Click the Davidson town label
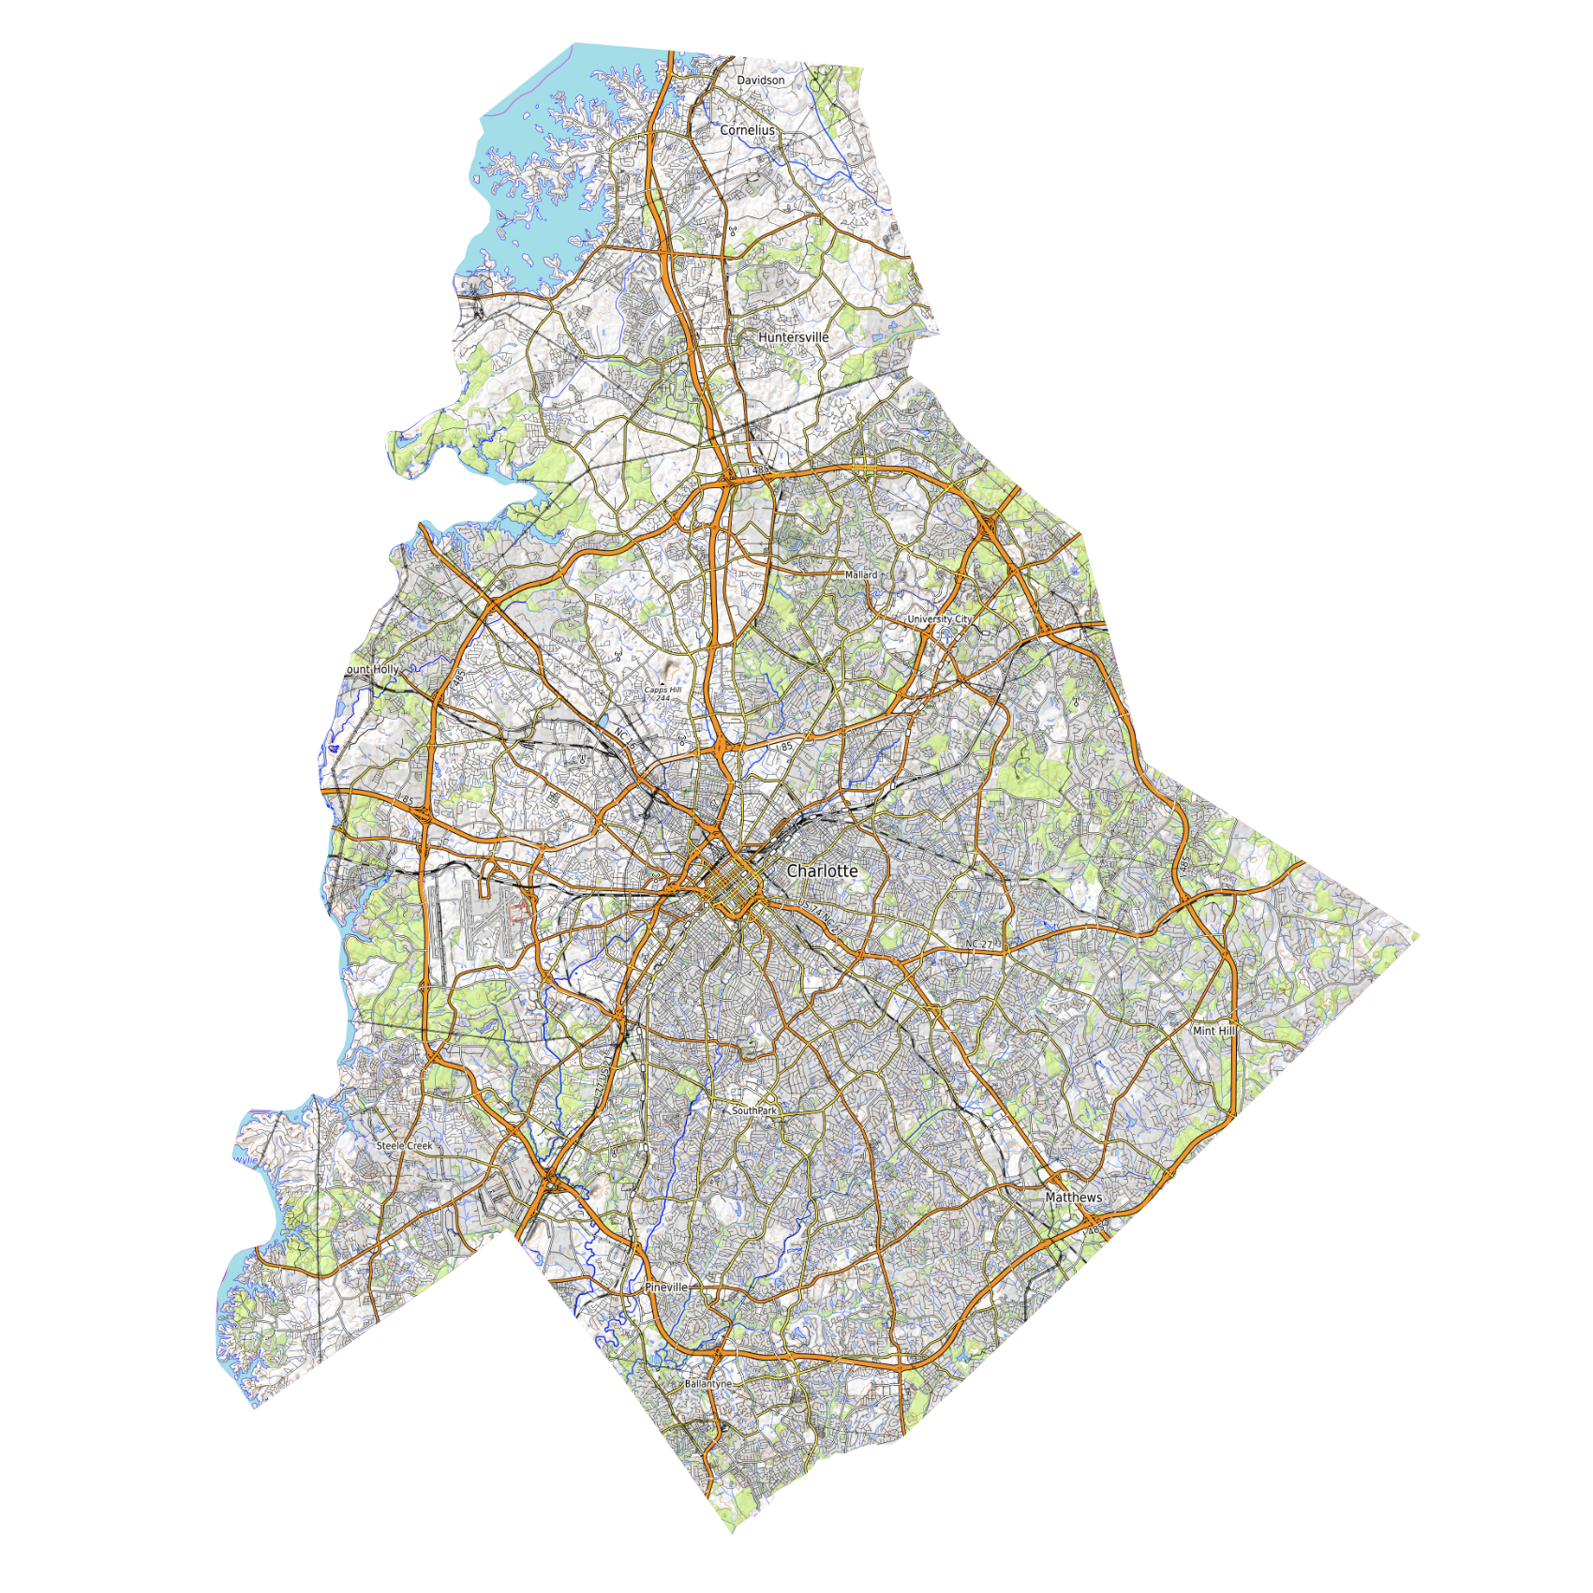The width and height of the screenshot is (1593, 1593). [x=761, y=81]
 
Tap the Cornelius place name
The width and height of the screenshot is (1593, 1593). [x=748, y=130]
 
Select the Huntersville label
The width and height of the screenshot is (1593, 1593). [x=794, y=337]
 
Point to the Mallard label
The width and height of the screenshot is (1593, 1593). [x=861, y=574]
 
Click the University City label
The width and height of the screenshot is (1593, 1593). [x=940, y=619]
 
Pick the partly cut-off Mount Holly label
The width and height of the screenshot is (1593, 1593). [x=373, y=669]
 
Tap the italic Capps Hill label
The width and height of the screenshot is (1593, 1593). [x=663, y=690]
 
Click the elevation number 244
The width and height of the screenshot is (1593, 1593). [x=663, y=698]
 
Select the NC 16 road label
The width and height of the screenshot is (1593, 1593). [x=625, y=739]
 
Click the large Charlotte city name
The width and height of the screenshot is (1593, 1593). [x=822, y=871]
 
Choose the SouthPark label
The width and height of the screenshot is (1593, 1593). [x=754, y=1110]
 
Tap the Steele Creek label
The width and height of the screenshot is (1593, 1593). [x=405, y=1146]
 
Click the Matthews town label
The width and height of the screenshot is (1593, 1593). [x=1074, y=1198]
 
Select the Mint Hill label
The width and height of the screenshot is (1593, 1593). [x=1213, y=1031]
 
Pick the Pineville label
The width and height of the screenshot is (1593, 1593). [x=666, y=1288]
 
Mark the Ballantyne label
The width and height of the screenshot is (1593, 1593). [x=707, y=1384]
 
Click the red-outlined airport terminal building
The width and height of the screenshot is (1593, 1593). [x=518, y=908]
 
